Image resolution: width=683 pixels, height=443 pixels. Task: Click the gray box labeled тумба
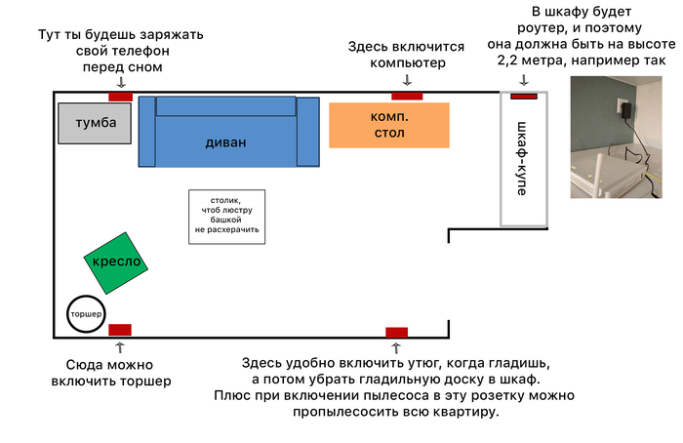point(94,123)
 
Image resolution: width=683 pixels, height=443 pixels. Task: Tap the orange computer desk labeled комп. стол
point(389,125)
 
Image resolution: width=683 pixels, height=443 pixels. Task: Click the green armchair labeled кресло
point(117,262)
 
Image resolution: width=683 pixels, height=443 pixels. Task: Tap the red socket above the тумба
point(120,96)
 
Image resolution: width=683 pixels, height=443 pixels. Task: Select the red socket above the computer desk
point(407,96)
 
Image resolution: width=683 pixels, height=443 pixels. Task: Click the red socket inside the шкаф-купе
point(524,96)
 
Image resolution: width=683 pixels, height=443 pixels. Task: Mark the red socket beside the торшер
point(120,329)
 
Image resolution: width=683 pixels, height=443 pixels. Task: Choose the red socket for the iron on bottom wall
point(396,332)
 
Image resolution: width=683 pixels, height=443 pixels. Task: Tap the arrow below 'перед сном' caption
point(120,83)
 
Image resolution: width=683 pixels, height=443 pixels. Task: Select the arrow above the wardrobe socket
point(525,81)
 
